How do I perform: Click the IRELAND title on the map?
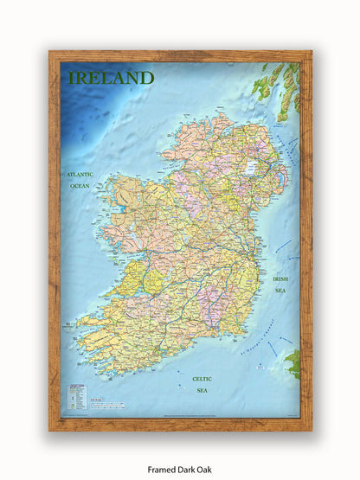[111, 78]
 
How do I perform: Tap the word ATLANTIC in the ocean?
[80, 175]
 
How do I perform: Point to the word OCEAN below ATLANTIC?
[80, 186]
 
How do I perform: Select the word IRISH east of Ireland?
[280, 279]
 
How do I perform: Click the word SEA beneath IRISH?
[280, 291]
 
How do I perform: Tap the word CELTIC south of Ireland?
[202, 379]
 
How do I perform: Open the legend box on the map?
[77, 397]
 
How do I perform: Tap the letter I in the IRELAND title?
[72, 78]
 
